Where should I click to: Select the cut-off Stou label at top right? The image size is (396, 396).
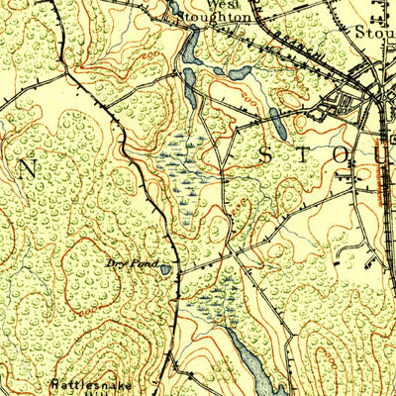(374, 30)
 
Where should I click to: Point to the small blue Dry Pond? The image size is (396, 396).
(163, 267)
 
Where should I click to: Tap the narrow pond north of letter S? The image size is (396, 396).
(277, 124)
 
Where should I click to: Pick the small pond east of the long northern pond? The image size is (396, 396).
(238, 73)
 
